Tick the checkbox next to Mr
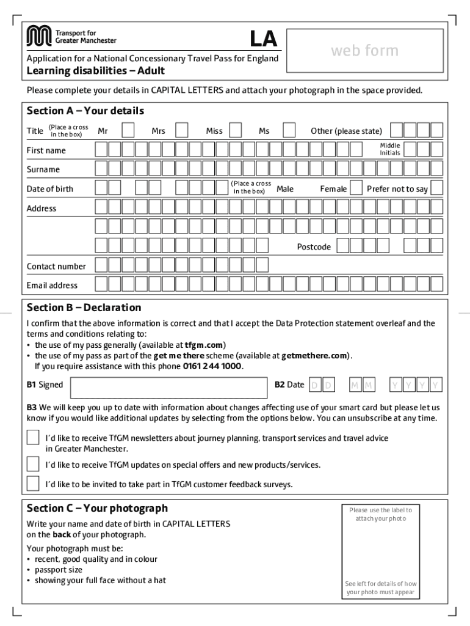pyautogui.click(x=128, y=130)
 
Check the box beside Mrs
pyautogui.click(x=182, y=130)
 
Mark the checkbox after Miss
pyautogui.click(x=236, y=130)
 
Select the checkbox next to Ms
pyautogui.click(x=289, y=130)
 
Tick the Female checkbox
pyautogui.click(x=356, y=188)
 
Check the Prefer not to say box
pyautogui.click(x=437, y=188)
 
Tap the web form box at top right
pyautogui.click(x=364, y=51)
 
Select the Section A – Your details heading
pyautogui.click(x=85, y=111)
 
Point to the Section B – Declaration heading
pyautogui.click(x=84, y=307)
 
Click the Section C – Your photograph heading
pyautogui.click(x=96, y=509)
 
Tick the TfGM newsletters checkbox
pyautogui.click(x=32, y=438)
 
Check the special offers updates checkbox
pyautogui.click(x=32, y=465)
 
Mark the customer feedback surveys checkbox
pyautogui.click(x=32, y=484)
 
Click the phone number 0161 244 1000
pyautogui.click(x=212, y=366)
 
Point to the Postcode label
pyautogui.click(x=314, y=247)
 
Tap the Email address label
pyautogui.click(x=52, y=285)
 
